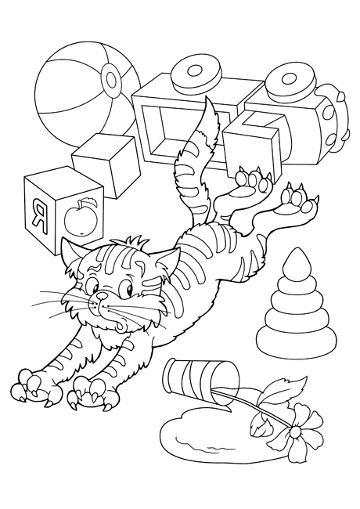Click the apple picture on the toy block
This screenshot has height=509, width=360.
(81, 217)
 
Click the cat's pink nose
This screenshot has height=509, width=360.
(103, 294)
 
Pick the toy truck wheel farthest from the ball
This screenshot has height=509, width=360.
(290, 81)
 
